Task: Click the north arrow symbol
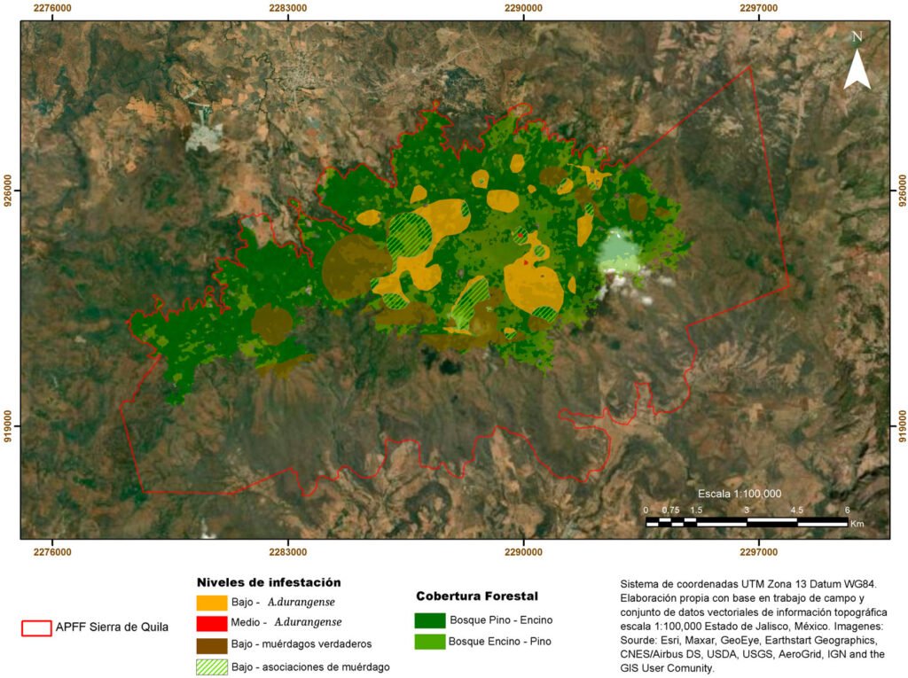coord(857,70)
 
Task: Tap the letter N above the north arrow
coord(857,37)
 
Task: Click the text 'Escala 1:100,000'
coord(739,494)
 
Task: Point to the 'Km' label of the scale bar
coord(857,524)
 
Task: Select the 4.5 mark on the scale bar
coord(796,510)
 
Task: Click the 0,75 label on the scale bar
coord(669,510)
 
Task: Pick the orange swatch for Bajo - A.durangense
coord(212,602)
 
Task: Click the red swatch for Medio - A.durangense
coord(212,622)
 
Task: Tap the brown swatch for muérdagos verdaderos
coord(212,643)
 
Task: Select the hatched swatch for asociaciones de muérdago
coord(212,666)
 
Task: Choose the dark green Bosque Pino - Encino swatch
coord(429,620)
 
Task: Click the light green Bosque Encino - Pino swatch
coord(429,641)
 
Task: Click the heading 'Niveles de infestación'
coord(269,582)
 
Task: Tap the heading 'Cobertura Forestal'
coord(477,596)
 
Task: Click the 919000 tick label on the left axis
coord(8,425)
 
